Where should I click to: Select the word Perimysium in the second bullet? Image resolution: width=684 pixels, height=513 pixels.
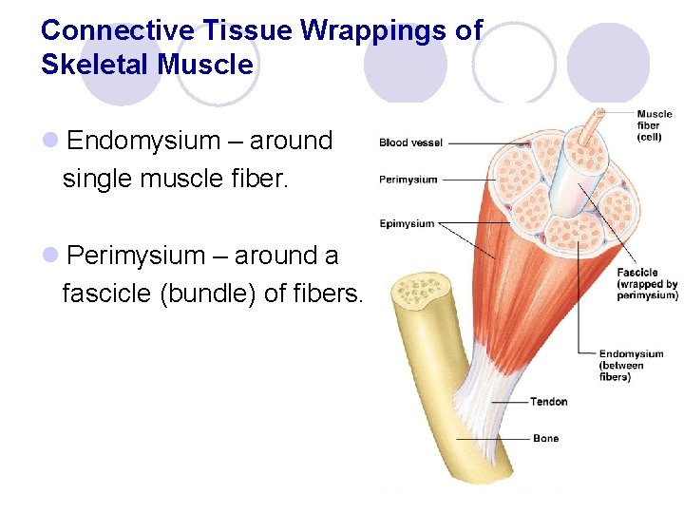[137, 256]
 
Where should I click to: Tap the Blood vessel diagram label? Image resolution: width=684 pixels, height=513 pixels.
[410, 142]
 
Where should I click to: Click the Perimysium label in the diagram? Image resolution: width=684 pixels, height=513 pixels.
[408, 180]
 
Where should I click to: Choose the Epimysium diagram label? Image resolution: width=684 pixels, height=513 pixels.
[407, 224]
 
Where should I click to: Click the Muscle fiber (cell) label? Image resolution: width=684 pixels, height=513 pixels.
[654, 125]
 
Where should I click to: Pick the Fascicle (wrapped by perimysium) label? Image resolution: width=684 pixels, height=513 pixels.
[646, 284]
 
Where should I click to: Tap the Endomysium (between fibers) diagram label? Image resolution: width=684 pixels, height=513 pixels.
[631, 366]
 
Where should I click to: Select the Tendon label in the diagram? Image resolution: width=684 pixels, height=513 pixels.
[548, 402]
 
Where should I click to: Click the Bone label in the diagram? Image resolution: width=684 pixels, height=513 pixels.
[545, 439]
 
